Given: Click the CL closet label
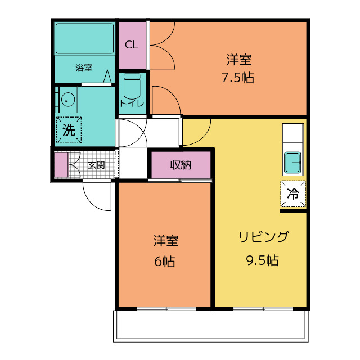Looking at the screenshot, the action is pos(131,45).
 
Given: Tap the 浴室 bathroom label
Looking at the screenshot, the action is pos(84,67).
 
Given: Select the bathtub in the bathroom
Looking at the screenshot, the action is pos(84,38).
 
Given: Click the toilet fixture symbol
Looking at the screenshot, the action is pos(132,87).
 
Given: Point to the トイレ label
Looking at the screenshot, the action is pos(132,103).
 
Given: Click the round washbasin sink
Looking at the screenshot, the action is pos(68,100).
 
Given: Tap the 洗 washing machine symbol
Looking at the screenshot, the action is pos(69,130).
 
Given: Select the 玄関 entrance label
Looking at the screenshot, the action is pos(97,165).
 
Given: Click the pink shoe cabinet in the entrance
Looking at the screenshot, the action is pos(61,165).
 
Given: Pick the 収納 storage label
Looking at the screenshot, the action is pos(181,165).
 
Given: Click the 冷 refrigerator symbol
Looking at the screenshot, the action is pos(293,193).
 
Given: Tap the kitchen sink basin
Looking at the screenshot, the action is pos(292,163).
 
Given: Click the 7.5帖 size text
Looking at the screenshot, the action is pos(238,78).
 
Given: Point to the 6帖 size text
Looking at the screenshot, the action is pos(165,261).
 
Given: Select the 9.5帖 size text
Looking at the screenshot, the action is pos(263,260).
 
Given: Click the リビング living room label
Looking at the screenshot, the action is pos(263,237).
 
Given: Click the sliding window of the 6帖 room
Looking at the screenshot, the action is pos(166,309).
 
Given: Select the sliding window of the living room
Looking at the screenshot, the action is pos(263,309).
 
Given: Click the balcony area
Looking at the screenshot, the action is pos(211,326).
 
